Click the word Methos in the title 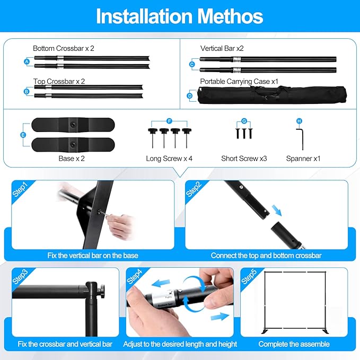(x=230, y=16)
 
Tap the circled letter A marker (x=27, y=62)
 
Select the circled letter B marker (x=27, y=91)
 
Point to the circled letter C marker (x=192, y=65)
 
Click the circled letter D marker (x=190, y=96)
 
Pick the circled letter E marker (x=23, y=135)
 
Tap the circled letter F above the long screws (x=169, y=121)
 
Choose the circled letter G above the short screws (x=244, y=121)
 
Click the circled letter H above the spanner (x=299, y=121)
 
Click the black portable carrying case (x=272, y=95)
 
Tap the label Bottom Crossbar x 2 (x=64, y=48)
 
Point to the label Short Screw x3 (x=244, y=159)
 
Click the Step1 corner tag (x=20, y=190)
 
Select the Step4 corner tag (x=135, y=277)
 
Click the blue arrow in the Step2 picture (x=277, y=210)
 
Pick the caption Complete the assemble (x=294, y=344)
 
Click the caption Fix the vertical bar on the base (x=93, y=256)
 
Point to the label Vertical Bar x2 (x=222, y=48)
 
